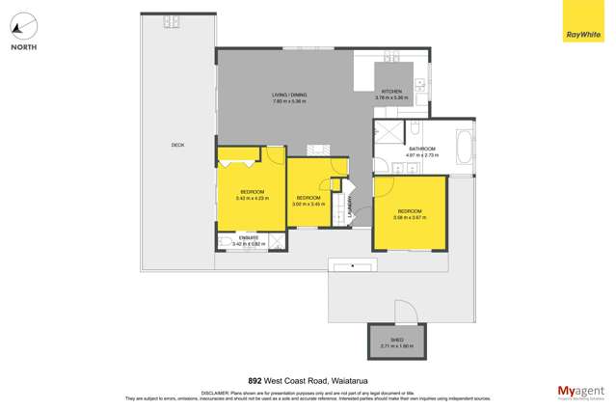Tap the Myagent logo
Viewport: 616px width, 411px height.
(x=579, y=392)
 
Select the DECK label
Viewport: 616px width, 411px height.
(x=177, y=146)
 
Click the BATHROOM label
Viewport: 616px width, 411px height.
(x=422, y=149)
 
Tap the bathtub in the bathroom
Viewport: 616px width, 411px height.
(x=464, y=151)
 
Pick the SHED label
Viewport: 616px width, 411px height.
(x=396, y=341)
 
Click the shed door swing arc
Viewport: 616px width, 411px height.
(x=405, y=311)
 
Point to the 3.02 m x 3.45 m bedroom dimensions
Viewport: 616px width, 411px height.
(x=308, y=204)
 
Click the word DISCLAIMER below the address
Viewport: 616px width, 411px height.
(x=215, y=393)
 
